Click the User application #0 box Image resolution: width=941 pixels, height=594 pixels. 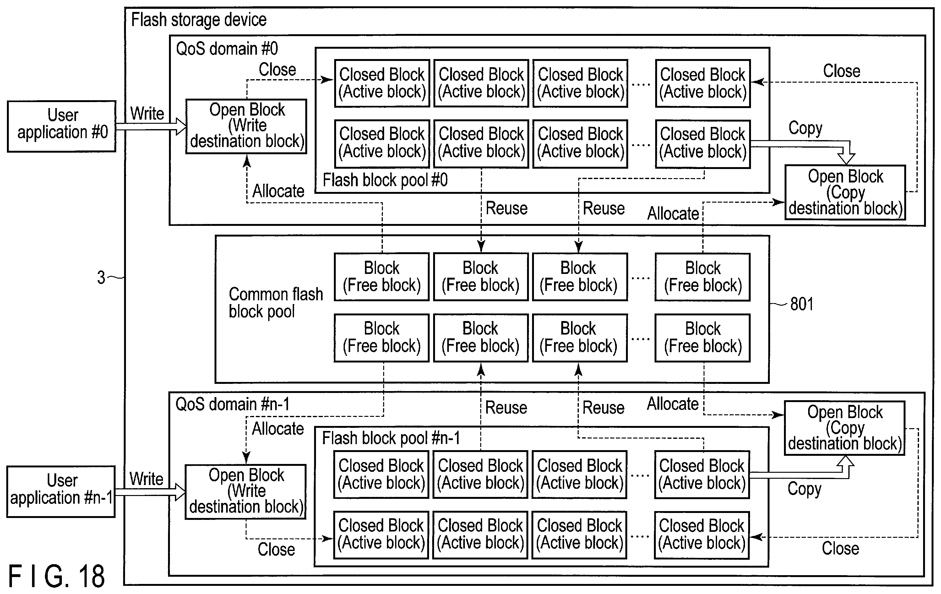click(62, 126)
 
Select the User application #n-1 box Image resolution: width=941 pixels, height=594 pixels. click(61, 491)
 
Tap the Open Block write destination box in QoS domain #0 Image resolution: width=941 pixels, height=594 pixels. click(246, 126)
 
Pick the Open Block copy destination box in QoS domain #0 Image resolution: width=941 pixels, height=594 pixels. click(845, 192)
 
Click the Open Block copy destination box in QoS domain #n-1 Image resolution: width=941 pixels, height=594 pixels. click(845, 428)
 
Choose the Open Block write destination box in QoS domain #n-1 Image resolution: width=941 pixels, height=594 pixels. click(245, 492)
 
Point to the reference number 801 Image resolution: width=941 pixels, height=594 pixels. click(802, 304)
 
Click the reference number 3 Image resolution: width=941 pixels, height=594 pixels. click(101, 277)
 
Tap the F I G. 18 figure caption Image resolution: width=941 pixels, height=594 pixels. click(57, 576)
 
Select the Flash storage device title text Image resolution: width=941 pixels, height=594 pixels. click(199, 19)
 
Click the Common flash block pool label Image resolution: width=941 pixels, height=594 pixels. click(276, 303)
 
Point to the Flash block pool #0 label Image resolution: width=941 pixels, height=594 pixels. click(385, 180)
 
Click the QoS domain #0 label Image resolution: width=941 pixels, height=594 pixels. click(227, 49)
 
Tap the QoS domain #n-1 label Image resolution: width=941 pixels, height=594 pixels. click(232, 404)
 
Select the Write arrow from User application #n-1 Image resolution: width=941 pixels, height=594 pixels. click(150, 492)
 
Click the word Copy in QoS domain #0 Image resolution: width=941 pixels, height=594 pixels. click(805, 128)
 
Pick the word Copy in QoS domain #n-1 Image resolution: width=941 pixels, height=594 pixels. click(804, 489)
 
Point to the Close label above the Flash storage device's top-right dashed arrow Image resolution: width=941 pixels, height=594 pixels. click(842, 71)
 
